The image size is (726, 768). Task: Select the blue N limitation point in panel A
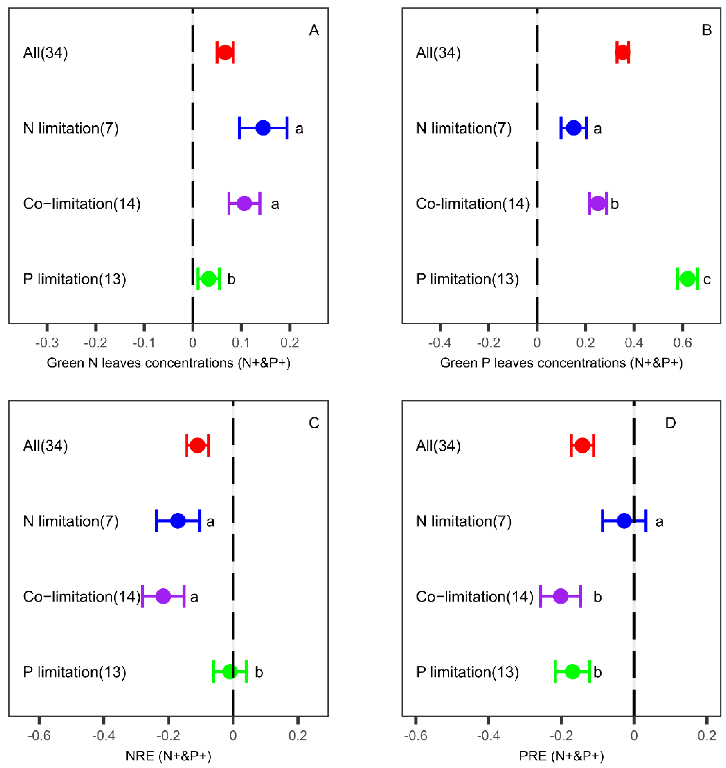click(263, 128)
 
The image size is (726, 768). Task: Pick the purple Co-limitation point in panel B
click(598, 203)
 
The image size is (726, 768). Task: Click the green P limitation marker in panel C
click(230, 672)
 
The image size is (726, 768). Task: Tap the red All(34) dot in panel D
click(583, 445)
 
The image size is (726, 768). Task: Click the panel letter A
click(314, 30)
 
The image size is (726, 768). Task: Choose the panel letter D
click(670, 423)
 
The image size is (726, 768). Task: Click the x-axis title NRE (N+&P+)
click(168, 755)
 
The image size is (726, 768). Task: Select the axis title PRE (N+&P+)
click(561, 755)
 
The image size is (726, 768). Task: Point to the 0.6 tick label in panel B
click(682, 343)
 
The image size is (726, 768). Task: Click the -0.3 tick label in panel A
click(47, 343)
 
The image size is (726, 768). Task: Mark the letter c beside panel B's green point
click(707, 279)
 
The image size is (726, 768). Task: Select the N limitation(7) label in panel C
click(71, 521)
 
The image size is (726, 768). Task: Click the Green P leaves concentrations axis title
click(561, 363)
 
